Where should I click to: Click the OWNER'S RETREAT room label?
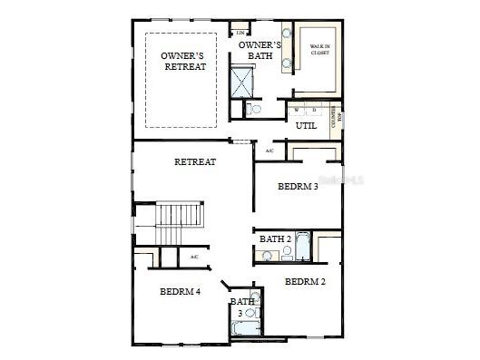[x=183, y=61]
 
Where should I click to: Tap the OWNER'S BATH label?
[x=260, y=50]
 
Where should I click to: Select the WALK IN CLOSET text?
[x=319, y=49]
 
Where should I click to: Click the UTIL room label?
[x=306, y=125]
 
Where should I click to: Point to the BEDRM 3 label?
[x=297, y=187]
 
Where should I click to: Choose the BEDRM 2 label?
[x=305, y=281]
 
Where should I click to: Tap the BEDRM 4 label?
[x=180, y=291]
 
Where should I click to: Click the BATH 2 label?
[x=275, y=238]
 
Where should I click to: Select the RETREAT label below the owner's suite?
[x=195, y=161]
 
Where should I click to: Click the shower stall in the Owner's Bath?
[x=242, y=83]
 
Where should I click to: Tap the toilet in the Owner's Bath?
[x=255, y=110]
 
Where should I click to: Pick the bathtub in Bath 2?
[x=303, y=247]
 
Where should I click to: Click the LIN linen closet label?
[x=240, y=33]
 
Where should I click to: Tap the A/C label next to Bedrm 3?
[x=269, y=150]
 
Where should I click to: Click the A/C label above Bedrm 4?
[x=193, y=258]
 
